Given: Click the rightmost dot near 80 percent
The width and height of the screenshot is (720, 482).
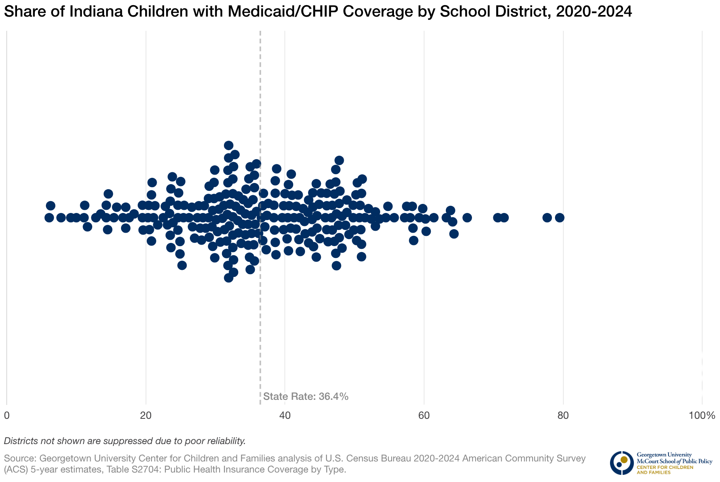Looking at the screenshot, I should pyautogui.click(x=559, y=217).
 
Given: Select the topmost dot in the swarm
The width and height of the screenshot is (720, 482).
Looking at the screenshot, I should pyautogui.click(x=229, y=145).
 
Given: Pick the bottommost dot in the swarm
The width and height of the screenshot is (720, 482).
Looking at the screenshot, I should pyautogui.click(x=229, y=278).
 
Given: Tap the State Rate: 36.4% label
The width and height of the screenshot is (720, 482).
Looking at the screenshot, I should pyautogui.click(x=305, y=396).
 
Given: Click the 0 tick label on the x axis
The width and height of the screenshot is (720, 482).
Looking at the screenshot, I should pyautogui.click(x=7, y=416).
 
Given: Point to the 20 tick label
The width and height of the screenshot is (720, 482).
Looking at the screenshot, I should pyautogui.click(x=146, y=416).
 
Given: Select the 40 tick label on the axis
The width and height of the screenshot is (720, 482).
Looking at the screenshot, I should pyautogui.click(x=285, y=416).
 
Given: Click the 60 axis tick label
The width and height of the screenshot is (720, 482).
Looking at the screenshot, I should pyautogui.click(x=424, y=416).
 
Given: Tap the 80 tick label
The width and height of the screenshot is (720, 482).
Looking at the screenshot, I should pyautogui.click(x=563, y=416).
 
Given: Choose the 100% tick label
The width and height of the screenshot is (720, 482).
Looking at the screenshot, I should pyautogui.click(x=702, y=416).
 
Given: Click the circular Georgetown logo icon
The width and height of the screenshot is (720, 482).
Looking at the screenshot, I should pyautogui.click(x=621, y=463).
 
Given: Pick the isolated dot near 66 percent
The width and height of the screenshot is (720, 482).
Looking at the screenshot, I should pyautogui.click(x=467, y=217).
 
